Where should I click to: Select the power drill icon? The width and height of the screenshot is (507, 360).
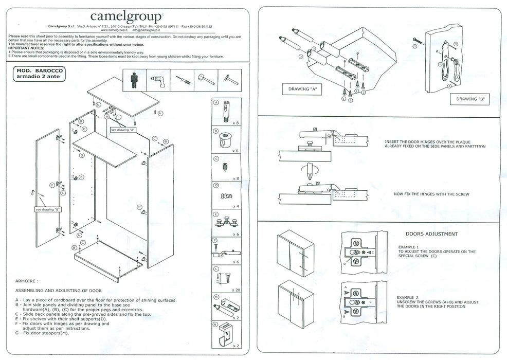coord(155,81)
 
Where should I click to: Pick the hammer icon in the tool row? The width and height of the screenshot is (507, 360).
coord(202,81)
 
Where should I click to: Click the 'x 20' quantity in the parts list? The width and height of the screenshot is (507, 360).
coord(236,290)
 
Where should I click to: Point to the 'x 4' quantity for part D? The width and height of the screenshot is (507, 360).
coord(236,206)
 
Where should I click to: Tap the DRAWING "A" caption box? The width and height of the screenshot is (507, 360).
coord(302,89)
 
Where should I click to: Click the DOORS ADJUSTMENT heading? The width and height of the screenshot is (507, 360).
coord(431,234)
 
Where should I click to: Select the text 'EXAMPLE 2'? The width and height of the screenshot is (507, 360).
coord(408,297)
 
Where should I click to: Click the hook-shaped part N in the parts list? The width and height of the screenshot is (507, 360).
coord(224,334)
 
